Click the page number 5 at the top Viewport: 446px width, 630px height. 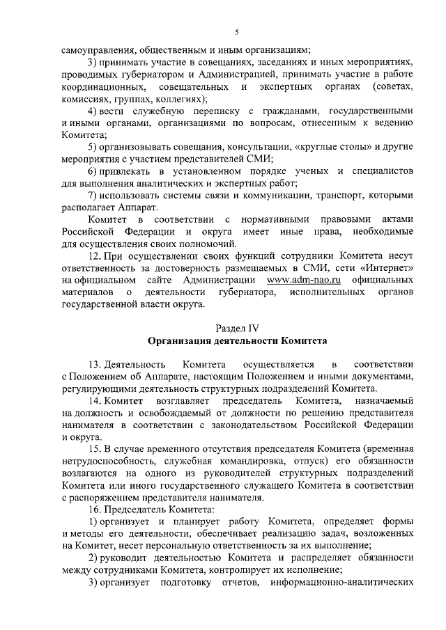(x=236, y=32)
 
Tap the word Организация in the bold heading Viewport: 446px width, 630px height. (x=182, y=340)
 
